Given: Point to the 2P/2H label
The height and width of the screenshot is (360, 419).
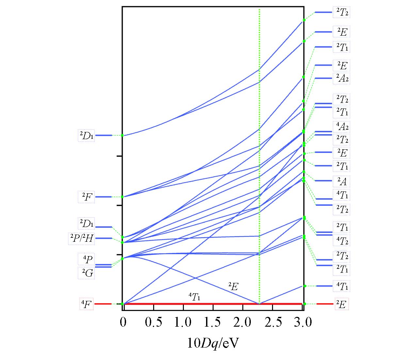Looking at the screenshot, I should (81, 239).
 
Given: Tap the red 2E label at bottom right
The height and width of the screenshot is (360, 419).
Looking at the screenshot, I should (342, 304).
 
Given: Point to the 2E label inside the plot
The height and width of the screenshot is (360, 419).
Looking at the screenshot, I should (233, 287).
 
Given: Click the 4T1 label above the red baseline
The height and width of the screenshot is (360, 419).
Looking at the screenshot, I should (194, 297).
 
